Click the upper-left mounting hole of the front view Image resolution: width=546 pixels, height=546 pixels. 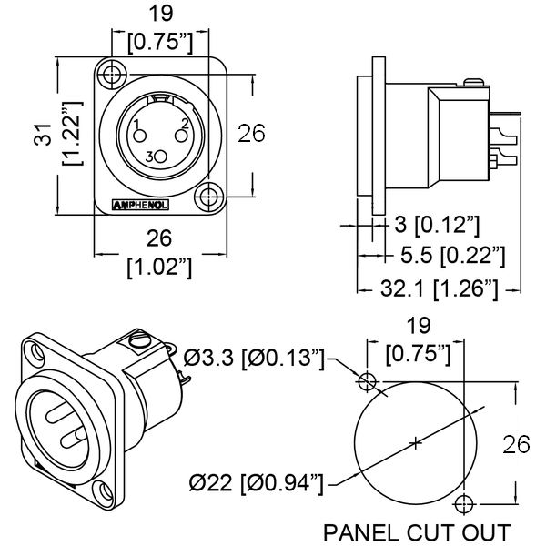[113, 74]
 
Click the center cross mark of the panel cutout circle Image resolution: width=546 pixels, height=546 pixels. [416, 443]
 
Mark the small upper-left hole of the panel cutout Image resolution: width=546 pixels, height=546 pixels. [368, 380]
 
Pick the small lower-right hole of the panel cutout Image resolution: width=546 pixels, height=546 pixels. [466, 503]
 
